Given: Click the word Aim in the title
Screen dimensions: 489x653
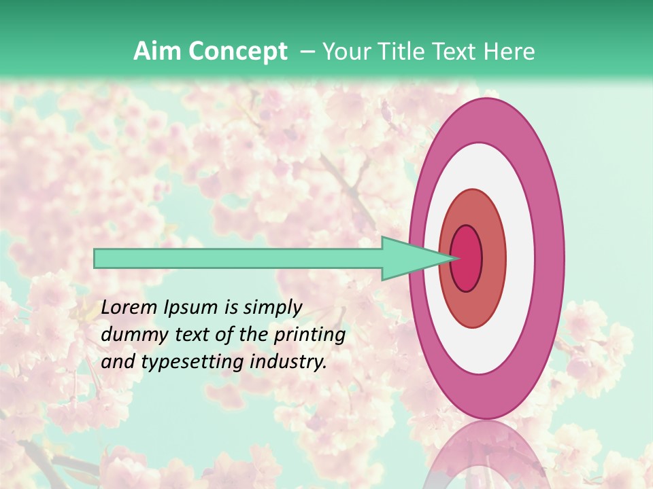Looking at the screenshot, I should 156,52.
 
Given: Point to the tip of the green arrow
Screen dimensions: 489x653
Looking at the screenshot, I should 454,258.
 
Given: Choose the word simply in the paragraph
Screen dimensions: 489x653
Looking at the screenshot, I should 272,308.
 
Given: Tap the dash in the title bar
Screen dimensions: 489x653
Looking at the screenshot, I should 307,52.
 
